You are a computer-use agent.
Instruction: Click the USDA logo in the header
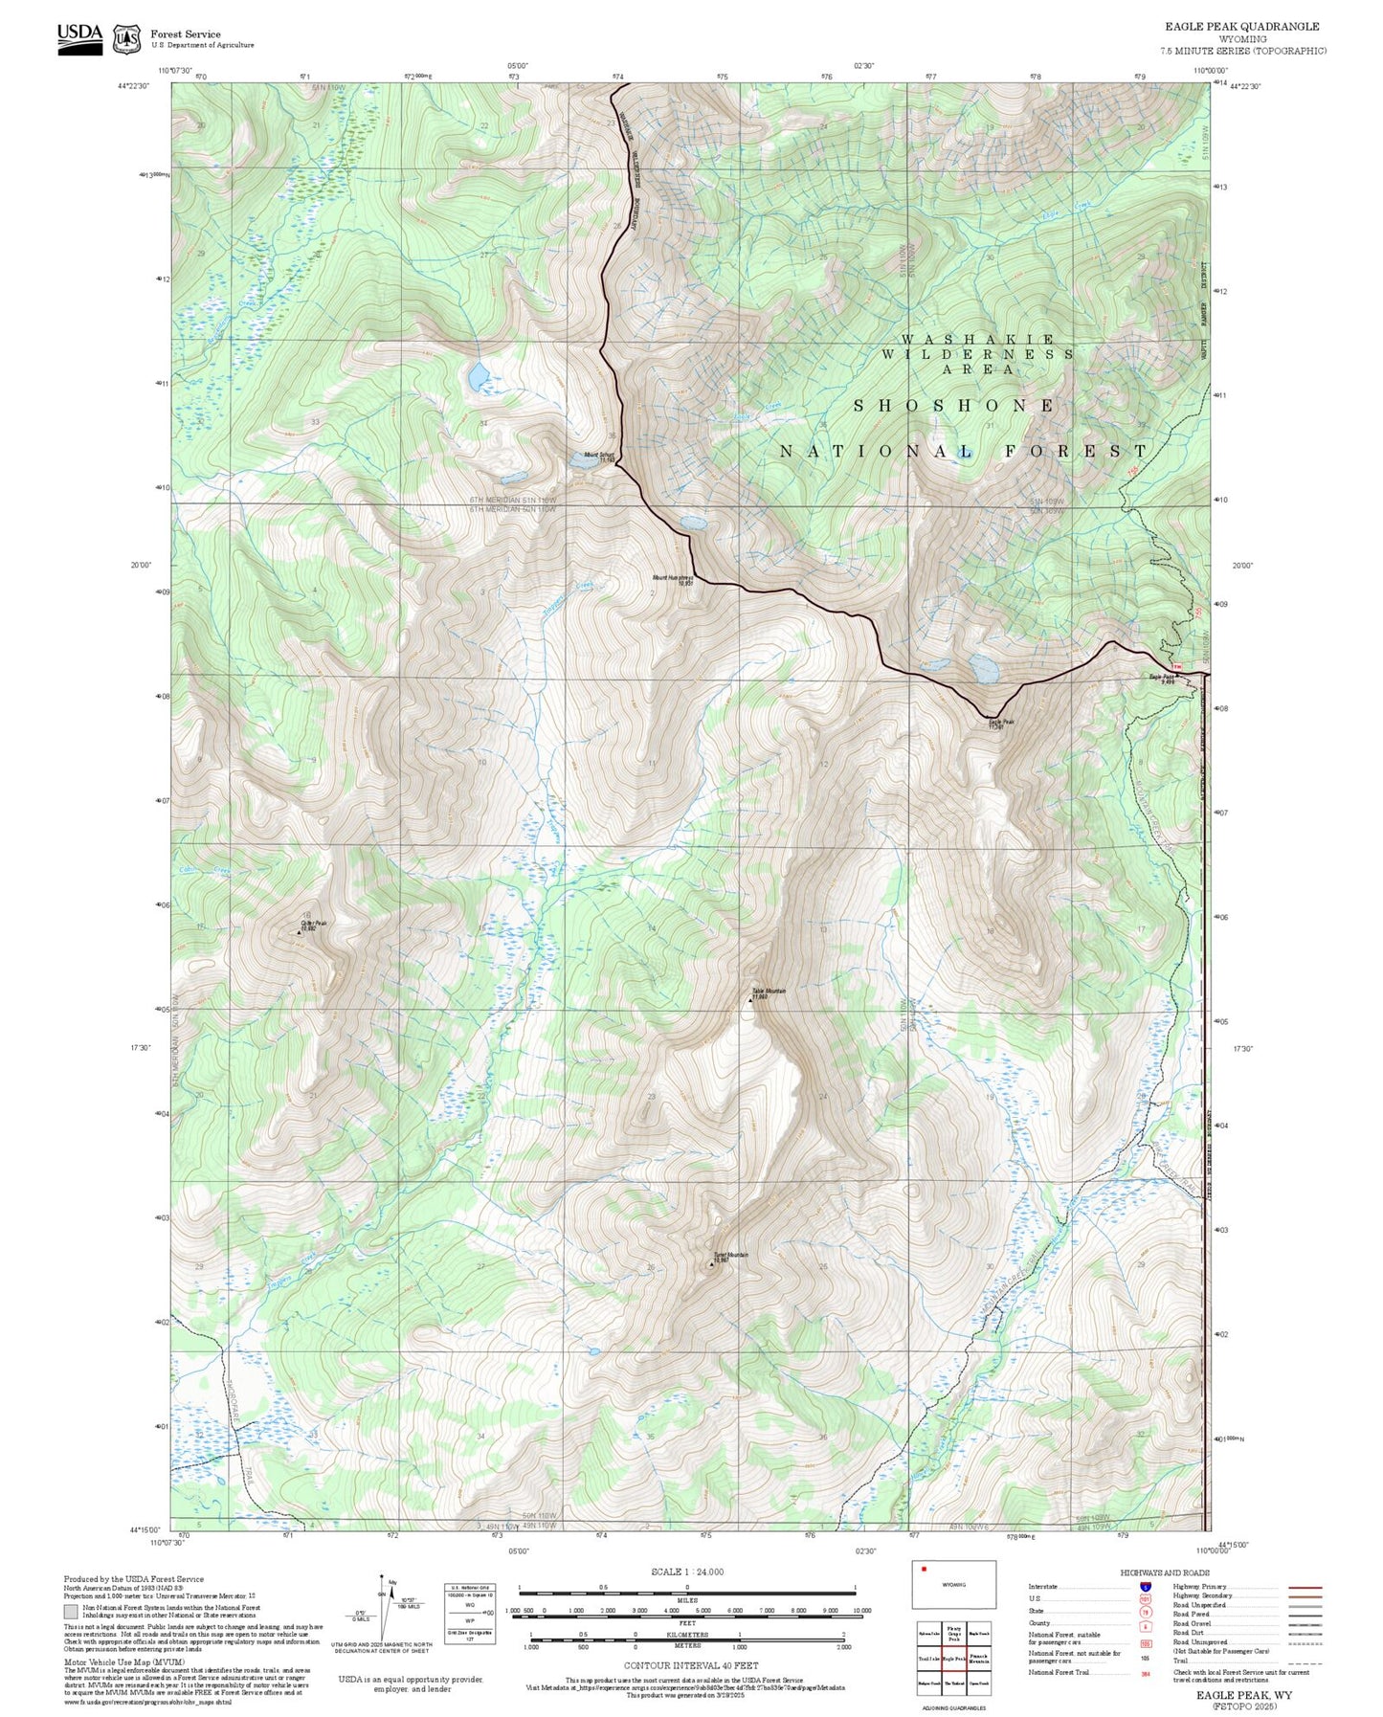(79, 38)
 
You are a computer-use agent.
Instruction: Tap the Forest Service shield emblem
(126, 38)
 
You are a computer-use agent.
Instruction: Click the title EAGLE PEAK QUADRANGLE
(1240, 27)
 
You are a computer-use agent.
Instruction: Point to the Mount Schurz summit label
(599, 457)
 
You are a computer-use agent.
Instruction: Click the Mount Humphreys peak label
(673, 579)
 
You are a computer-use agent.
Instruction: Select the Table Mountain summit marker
(750, 1000)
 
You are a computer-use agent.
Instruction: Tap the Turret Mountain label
(729, 1257)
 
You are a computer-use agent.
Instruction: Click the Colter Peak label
(313, 925)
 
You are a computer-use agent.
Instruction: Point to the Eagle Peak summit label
(1000, 724)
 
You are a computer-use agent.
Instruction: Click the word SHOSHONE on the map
(953, 406)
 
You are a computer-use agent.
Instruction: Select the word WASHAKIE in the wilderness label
(977, 340)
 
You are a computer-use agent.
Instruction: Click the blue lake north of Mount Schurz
(477, 376)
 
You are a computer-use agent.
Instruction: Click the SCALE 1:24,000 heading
(687, 1572)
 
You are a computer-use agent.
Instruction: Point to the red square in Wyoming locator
(924, 1569)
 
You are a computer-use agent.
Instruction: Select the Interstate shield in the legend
(1146, 1587)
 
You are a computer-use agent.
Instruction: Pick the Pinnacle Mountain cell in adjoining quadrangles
(978, 1659)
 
